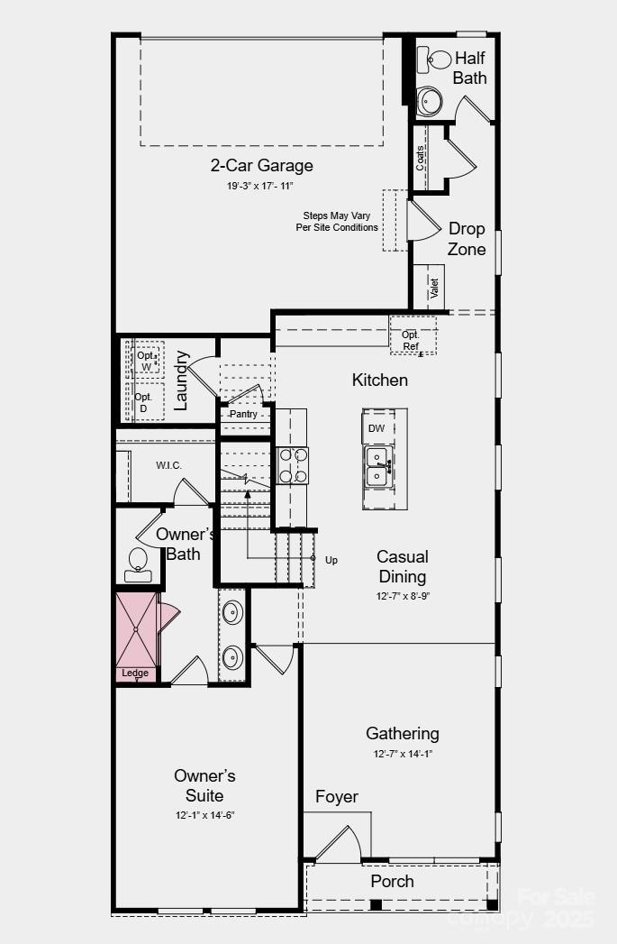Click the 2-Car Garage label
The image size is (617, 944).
(x=261, y=165)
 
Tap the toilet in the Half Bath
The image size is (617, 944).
(x=438, y=60)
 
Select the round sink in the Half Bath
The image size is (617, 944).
(x=430, y=100)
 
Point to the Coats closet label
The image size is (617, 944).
(x=421, y=159)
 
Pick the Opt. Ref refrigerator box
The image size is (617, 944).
(x=412, y=340)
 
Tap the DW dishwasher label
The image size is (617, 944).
(x=377, y=428)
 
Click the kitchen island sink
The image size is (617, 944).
(x=377, y=465)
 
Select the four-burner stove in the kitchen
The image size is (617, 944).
(x=293, y=466)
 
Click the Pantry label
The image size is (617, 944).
(x=243, y=414)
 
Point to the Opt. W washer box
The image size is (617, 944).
(x=147, y=361)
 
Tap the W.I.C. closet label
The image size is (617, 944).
(x=168, y=464)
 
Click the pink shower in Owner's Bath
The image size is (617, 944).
(x=137, y=628)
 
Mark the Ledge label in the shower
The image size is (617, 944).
(x=136, y=673)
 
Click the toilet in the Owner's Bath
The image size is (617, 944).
(x=139, y=560)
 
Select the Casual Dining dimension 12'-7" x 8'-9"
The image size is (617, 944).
(x=402, y=597)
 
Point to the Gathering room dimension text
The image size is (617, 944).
(x=402, y=754)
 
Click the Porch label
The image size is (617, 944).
(x=393, y=881)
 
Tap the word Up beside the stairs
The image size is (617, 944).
(x=331, y=560)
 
